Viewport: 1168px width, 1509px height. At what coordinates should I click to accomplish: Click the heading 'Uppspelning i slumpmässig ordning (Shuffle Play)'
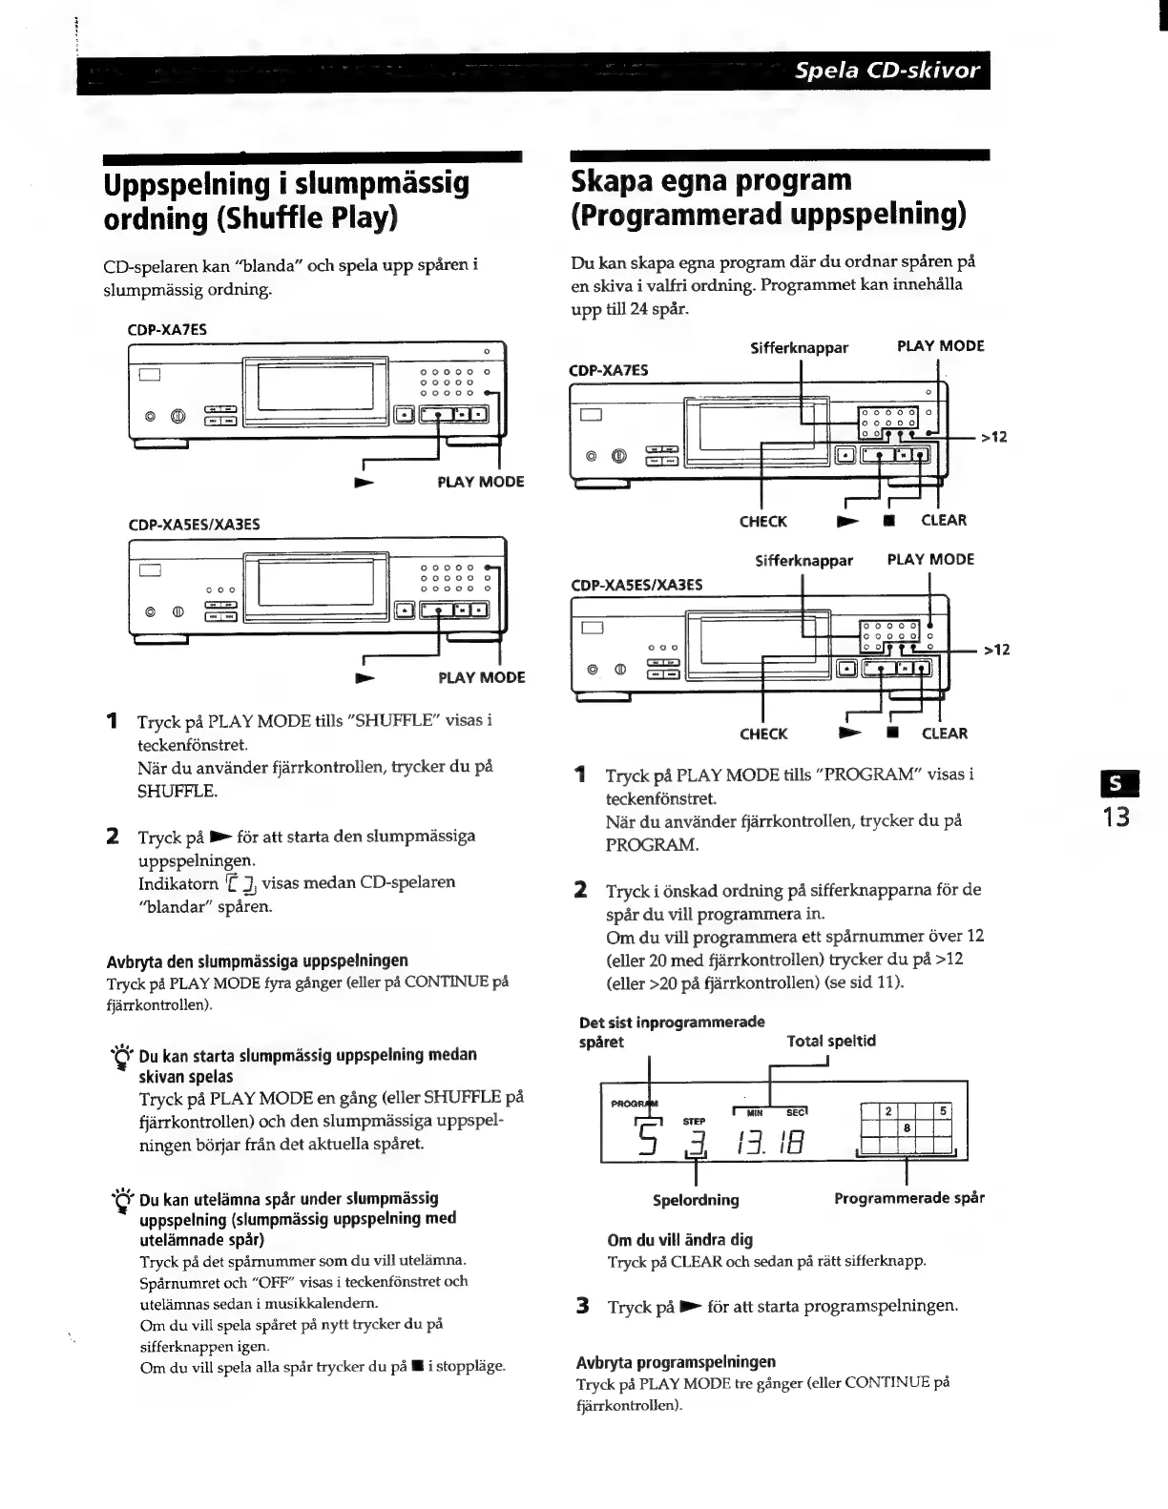click(x=286, y=199)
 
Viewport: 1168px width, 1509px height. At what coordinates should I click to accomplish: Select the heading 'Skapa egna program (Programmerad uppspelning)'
click(x=767, y=197)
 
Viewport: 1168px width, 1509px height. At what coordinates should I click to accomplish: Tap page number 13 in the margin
click(x=1116, y=817)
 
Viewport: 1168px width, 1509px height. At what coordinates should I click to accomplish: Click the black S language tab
click(x=1116, y=789)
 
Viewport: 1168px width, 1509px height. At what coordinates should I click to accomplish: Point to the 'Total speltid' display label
click(x=830, y=1041)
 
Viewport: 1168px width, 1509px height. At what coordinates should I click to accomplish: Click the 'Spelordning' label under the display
click(x=696, y=1199)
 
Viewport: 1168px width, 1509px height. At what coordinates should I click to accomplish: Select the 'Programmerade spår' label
click(x=908, y=1197)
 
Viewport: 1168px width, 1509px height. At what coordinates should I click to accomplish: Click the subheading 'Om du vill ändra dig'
click(x=680, y=1240)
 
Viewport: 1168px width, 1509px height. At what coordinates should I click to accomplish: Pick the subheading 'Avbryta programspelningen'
click(x=676, y=1361)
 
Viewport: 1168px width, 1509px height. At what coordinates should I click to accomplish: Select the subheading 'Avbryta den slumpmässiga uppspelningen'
click(x=257, y=960)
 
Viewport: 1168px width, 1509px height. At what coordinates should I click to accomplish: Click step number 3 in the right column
click(x=582, y=1305)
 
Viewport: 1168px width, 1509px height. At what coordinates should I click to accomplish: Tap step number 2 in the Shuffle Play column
click(x=113, y=837)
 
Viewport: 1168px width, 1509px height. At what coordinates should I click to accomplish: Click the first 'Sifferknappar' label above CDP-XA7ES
click(x=799, y=348)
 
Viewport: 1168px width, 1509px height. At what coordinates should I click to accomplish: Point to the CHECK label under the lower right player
click(x=762, y=734)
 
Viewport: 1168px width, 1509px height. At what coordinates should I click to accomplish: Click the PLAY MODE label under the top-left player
click(x=480, y=482)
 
